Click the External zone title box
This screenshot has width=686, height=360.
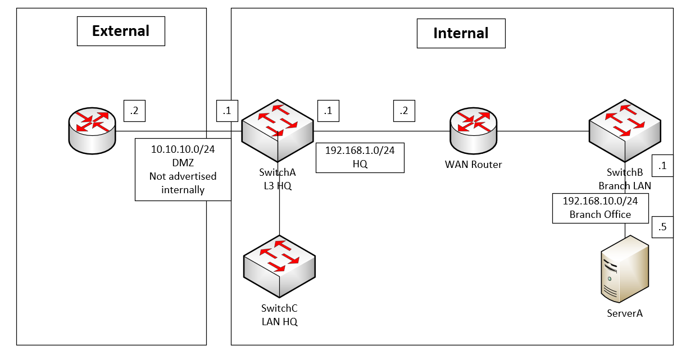point(121,31)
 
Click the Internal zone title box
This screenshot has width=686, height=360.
point(461,33)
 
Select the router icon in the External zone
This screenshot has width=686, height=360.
point(92,131)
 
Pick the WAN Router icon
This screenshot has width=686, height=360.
point(474,131)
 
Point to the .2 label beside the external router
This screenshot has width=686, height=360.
point(135,111)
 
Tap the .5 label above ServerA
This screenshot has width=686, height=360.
point(662,227)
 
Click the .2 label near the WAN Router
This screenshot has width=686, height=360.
point(404,111)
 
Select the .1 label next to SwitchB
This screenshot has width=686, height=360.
point(662,166)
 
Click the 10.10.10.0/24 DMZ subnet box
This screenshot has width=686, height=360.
point(183,169)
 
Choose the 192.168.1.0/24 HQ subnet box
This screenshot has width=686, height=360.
point(360,158)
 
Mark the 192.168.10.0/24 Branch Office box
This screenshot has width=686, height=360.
point(600,208)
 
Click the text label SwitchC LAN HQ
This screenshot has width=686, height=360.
point(279,315)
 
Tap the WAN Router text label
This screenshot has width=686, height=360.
point(473,165)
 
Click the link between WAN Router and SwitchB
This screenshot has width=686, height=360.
point(543,131)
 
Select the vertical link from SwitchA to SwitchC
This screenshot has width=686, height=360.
point(279,202)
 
